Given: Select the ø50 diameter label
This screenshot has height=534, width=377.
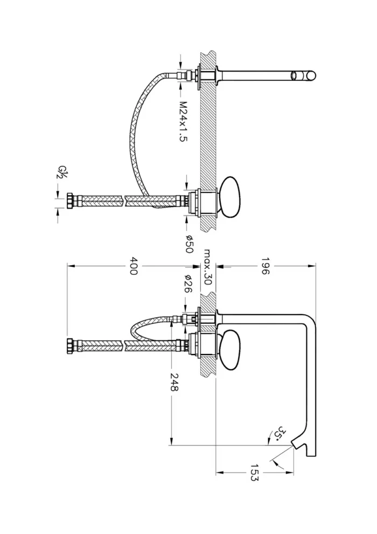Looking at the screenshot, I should (189, 244).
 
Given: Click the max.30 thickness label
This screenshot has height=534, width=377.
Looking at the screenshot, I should (207, 267).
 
